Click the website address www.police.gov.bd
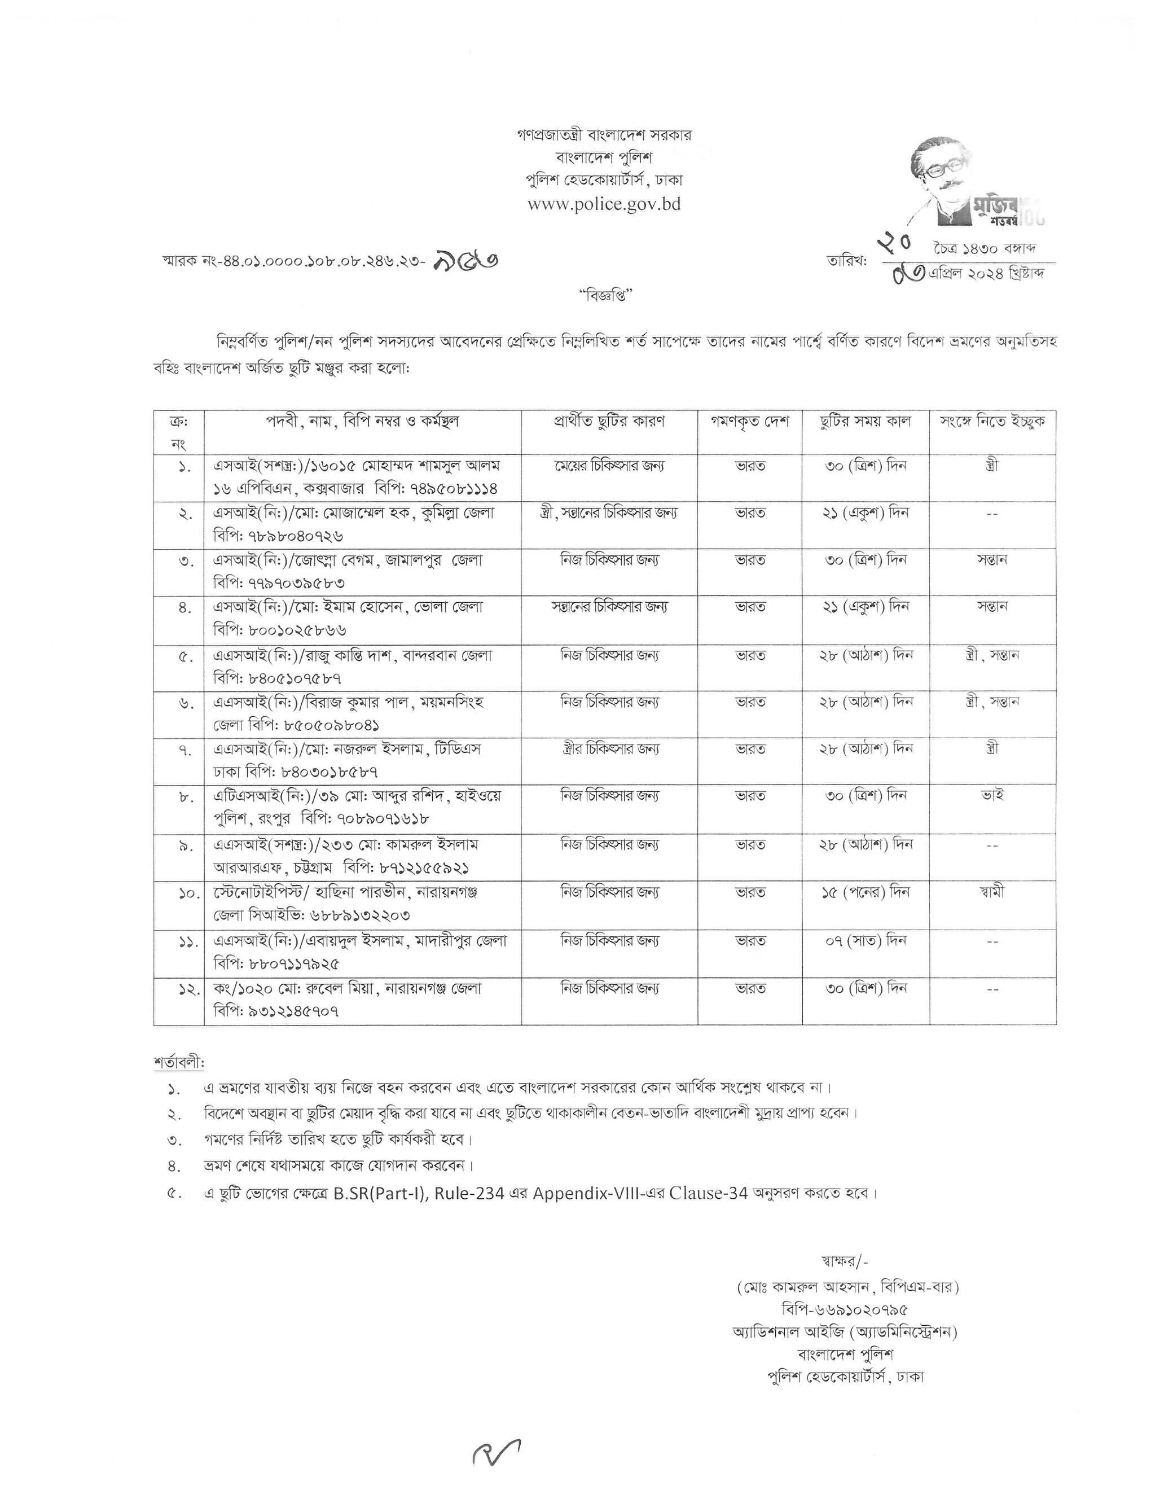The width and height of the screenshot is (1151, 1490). click(x=604, y=204)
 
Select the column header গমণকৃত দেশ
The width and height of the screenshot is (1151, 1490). click(x=749, y=422)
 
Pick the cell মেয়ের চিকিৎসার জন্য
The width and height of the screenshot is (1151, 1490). click(x=609, y=467)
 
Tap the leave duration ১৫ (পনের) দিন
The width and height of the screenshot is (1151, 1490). click(x=866, y=892)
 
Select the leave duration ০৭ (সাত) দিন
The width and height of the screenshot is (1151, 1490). click(x=866, y=941)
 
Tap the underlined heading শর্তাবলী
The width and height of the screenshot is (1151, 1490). click(x=179, y=1064)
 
